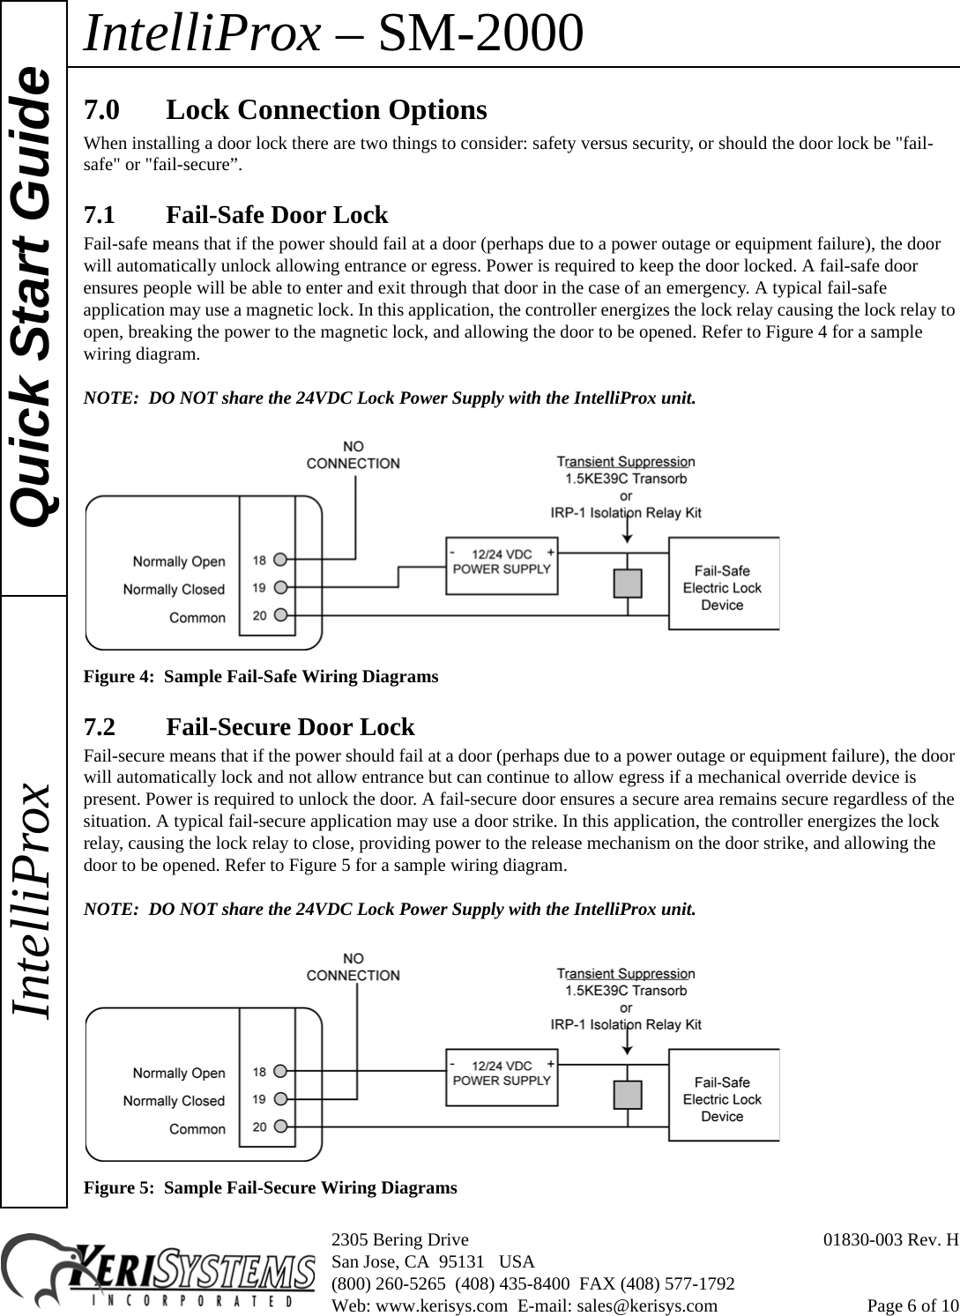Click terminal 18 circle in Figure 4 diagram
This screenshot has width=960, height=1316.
coord(280,559)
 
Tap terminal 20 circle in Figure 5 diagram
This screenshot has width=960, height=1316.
coord(280,1126)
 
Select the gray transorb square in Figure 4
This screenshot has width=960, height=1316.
coord(628,584)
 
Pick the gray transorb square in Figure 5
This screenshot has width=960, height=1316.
coord(628,1095)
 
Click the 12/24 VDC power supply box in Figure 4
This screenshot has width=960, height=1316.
coord(502,561)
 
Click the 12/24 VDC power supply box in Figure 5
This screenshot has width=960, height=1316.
coord(502,1073)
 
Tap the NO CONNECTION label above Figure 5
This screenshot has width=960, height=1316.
coord(353,966)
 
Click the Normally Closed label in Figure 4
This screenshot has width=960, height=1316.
coord(174,589)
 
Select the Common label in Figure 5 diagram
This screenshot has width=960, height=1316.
coord(197,1128)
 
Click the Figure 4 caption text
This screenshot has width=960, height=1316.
coord(260,677)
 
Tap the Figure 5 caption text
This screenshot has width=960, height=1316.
coord(270,1187)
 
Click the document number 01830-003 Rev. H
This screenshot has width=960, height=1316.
coord(890,1241)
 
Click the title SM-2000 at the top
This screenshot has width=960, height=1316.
coord(480,33)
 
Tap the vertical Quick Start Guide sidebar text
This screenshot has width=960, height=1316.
coord(33,297)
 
